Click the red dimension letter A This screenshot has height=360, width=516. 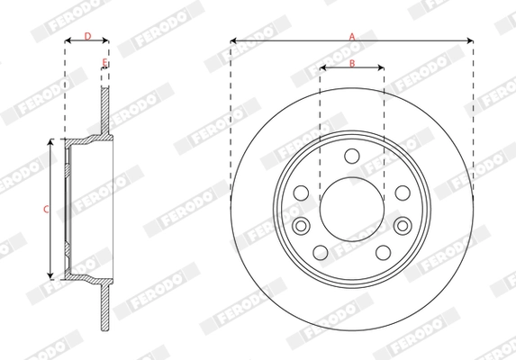(x=352, y=35)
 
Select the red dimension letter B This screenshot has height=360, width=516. (x=352, y=62)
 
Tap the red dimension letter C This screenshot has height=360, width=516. (x=46, y=209)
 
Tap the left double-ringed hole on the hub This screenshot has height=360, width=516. (x=301, y=225)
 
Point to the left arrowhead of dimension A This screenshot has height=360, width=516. (x=233, y=40)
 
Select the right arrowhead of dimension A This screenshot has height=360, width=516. (x=470, y=40)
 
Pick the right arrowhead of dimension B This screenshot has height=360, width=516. (x=382, y=67)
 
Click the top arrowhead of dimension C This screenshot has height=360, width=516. (x=53, y=141)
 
